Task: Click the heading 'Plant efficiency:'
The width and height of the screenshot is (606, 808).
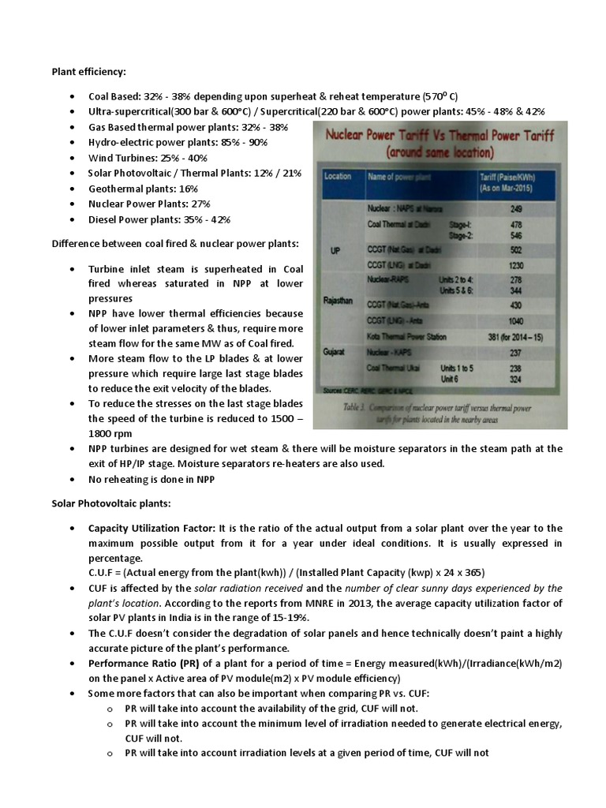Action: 88,72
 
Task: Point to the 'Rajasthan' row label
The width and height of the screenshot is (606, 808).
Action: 340,301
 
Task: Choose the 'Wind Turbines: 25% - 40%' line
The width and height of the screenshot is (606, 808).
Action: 148,158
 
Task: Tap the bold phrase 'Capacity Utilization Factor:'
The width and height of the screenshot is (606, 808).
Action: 152,528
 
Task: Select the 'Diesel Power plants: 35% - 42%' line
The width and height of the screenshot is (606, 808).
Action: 159,219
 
